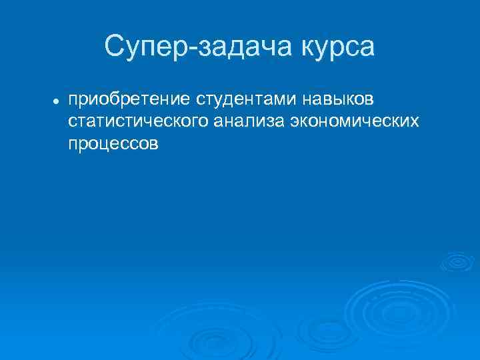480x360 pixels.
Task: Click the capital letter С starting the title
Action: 113,47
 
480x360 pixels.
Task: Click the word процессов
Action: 113,143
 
